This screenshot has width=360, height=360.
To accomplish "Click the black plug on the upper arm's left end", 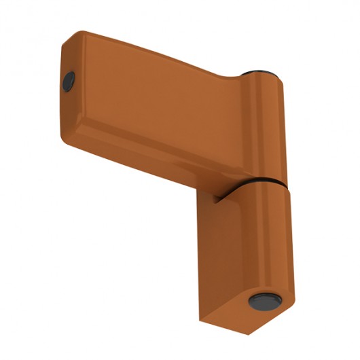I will pos(69,82).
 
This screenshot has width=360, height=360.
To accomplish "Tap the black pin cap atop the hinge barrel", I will pos(261,71).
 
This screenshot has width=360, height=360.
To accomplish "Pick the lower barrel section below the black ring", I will pos(275,238).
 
